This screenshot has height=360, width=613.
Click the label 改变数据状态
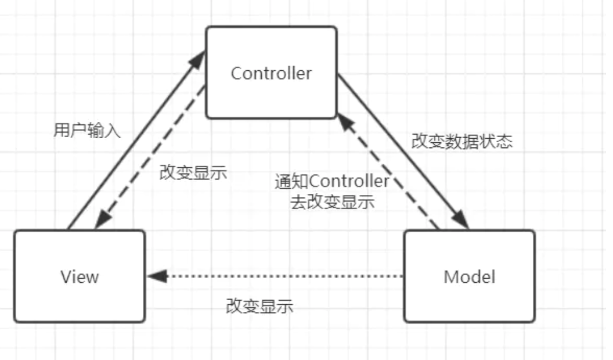click(462, 141)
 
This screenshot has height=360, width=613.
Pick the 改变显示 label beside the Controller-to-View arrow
click(193, 173)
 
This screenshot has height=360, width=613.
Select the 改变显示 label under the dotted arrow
click(259, 306)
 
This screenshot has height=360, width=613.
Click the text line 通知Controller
click(332, 182)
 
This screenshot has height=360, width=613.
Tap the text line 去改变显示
click(332, 203)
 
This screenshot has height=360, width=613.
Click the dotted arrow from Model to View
click(279, 276)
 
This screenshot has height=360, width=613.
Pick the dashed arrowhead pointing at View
click(102, 220)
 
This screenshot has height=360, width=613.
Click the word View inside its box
click(80, 276)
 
